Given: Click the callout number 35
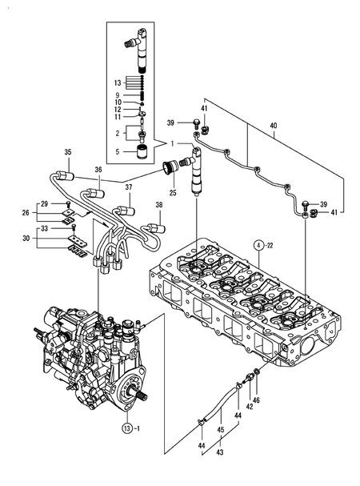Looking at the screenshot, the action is (x=68, y=152).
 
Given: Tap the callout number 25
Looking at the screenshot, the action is (x=173, y=193).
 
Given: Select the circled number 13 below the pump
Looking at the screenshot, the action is (x=126, y=428).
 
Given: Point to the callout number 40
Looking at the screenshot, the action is (x=274, y=126).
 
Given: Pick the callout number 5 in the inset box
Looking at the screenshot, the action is (x=118, y=152).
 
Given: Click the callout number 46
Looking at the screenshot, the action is (x=256, y=400).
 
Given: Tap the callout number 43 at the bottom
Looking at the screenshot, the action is (x=220, y=452).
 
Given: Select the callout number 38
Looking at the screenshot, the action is (x=159, y=205).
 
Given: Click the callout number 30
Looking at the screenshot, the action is (x=26, y=238).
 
